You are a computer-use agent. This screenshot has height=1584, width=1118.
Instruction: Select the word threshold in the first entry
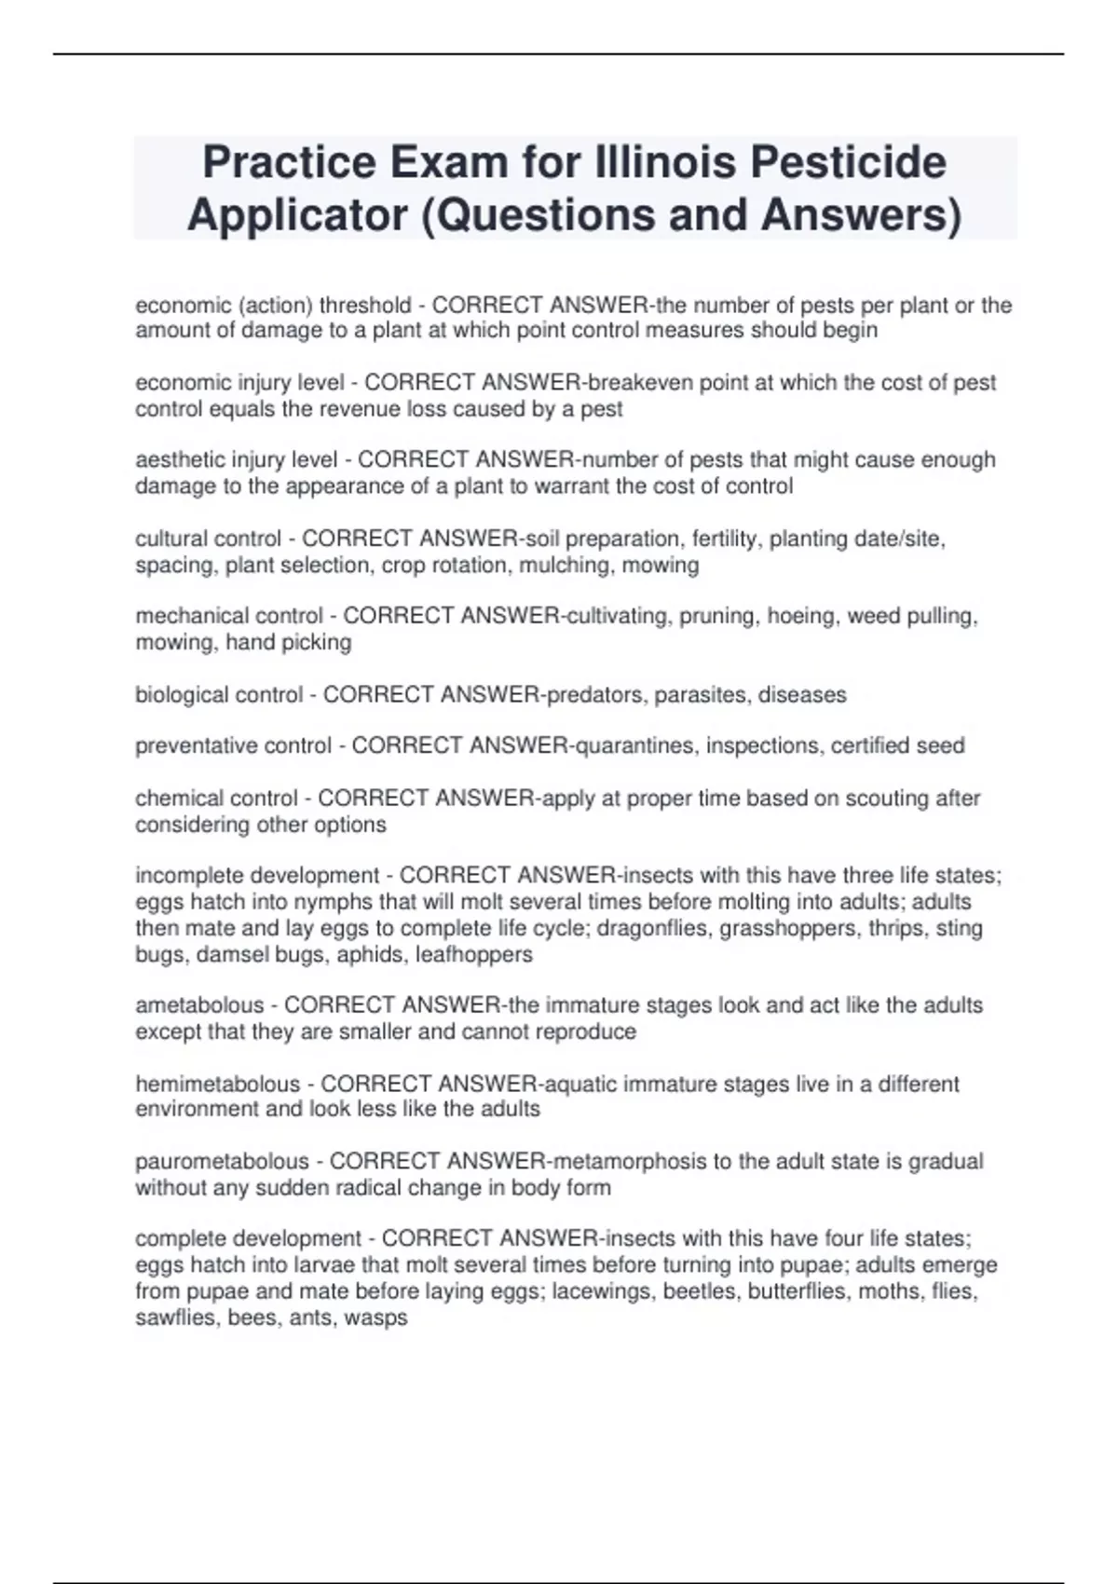tap(365, 305)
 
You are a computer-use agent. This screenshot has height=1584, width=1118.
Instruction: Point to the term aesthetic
tap(180, 460)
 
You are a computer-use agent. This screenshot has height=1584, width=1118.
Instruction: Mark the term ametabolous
tap(199, 1005)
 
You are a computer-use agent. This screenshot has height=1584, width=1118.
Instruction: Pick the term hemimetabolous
tap(218, 1084)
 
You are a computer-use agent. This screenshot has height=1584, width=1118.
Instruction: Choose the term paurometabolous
tap(222, 1162)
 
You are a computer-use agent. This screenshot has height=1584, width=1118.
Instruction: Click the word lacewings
tap(603, 1291)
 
